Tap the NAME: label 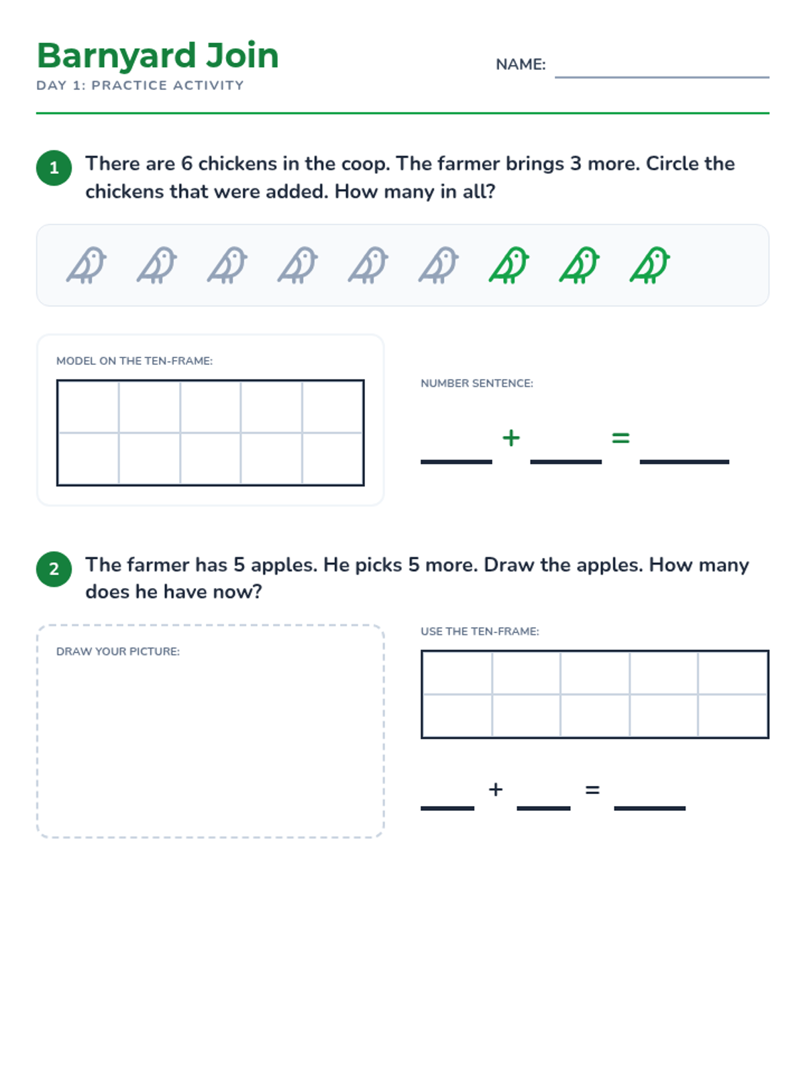tap(520, 64)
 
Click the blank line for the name tap(662, 76)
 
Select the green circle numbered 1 tap(54, 168)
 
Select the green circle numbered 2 tap(54, 569)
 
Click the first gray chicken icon tap(87, 265)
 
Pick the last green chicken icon tap(649, 265)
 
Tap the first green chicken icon tap(508, 265)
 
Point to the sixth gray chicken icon tap(439, 265)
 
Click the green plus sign tap(511, 437)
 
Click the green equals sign tap(621, 437)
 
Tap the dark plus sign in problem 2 tap(496, 789)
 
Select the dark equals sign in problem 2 tap(592, 789)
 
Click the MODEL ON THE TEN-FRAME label tap(134, 361)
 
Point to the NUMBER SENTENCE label tap(477, 383)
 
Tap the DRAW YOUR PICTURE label tap(118, 651)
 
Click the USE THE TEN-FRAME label tap(480, 631)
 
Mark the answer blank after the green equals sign tap(684, 461)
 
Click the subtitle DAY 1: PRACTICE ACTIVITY tap(140, 86)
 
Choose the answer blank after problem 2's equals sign tap(649, 808)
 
